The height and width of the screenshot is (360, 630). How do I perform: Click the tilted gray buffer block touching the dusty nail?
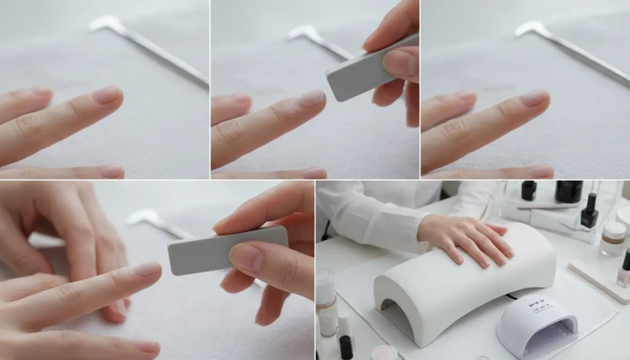[x=368, y=69]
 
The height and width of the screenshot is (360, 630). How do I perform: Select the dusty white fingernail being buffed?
[x=310, y=98]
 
